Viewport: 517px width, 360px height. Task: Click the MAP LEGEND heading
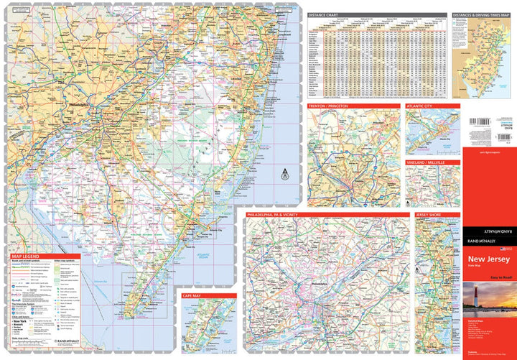point(26,257)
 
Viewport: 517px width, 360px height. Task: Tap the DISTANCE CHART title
point(324,14)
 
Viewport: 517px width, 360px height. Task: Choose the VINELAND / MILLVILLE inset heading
point(426,163)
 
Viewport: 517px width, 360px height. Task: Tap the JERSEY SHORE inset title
point(428,215)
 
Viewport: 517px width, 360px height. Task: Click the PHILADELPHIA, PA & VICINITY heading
point(280,215)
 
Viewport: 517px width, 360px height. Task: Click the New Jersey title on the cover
point(490,259)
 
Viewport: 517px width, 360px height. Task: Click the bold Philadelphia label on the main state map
point(80,105)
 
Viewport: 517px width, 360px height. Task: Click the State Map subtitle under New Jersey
point(477,267)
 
